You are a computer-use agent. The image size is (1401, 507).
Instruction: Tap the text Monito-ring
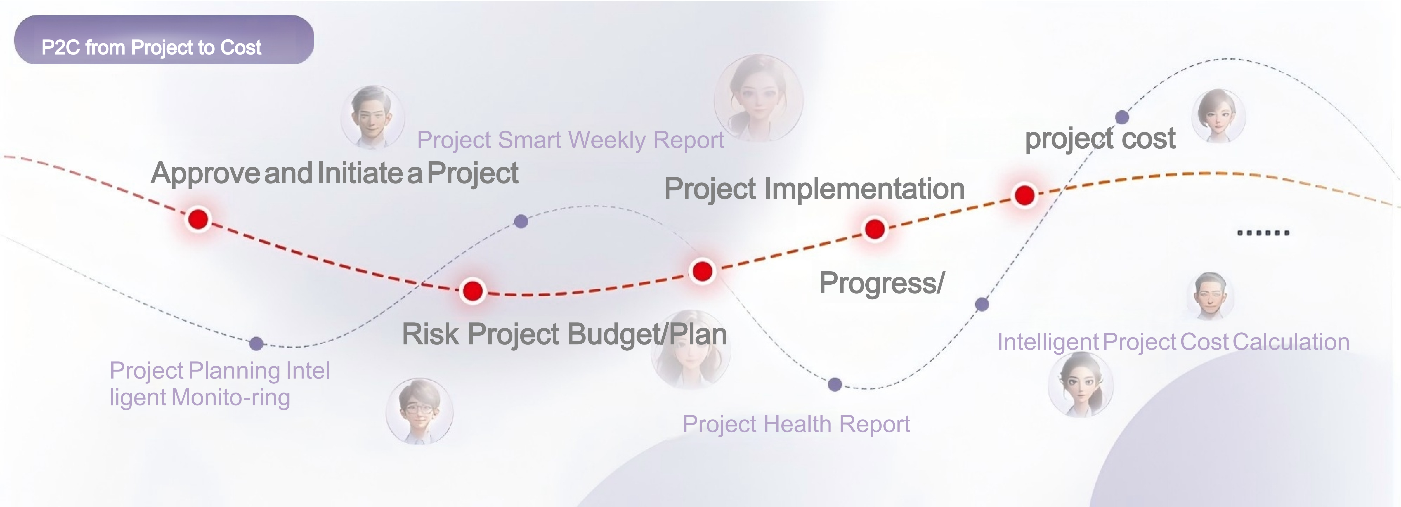(231, 397)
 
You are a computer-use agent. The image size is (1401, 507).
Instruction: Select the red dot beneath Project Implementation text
(875, 229)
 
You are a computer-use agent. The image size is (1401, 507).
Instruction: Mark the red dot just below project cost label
(1025, 195)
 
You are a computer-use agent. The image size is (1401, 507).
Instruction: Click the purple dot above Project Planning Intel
(257, 343)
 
